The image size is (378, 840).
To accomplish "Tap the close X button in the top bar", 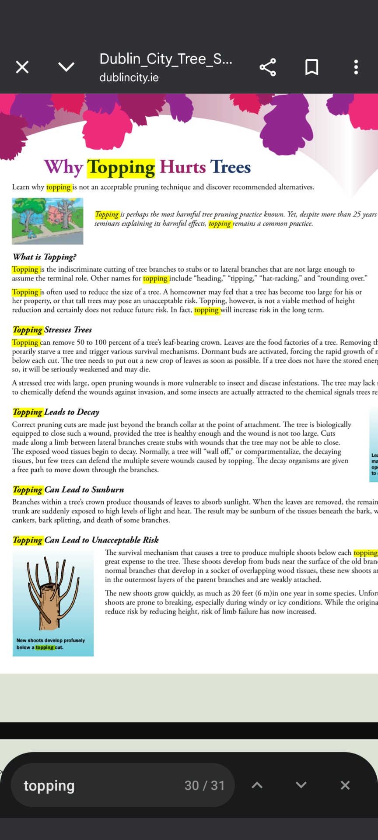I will click(x=22, y=67).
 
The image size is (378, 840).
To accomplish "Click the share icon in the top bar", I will click(x=268, y=67).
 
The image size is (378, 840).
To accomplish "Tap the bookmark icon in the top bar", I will click(x=311, y=67).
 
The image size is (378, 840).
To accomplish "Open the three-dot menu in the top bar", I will click(x=356, y=67).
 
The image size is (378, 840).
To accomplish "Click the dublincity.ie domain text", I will click(x=129, y=78).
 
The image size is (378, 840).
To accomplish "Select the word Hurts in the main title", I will click(x=182, y=167).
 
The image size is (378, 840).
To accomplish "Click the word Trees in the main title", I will click(x=231, y=167).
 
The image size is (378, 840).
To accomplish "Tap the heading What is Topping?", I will click(x=45, y=257).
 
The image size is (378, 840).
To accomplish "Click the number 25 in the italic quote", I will click(x=357, y=214).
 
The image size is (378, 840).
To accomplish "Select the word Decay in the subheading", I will click(x=88, y=412).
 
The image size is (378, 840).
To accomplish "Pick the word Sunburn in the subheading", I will click(x=108, y=490).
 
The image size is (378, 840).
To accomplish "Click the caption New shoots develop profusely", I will click(x=51, y=640).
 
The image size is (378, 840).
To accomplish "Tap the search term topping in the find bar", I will click(x=49, y=786).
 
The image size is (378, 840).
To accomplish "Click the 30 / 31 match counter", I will click(x=204, y=786).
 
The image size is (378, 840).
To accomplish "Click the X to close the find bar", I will click(x=345, y=785).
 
